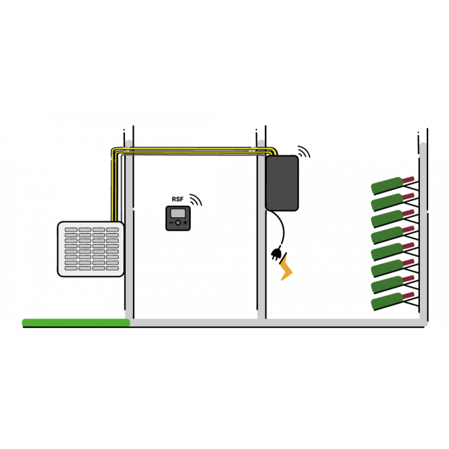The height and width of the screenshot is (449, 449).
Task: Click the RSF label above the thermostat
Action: pos(177,199)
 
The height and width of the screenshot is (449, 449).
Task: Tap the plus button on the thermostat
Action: pos(185,222)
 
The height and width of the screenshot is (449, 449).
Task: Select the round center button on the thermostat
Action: pos(178,222)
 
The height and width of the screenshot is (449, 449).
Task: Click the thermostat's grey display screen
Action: pos(178,213)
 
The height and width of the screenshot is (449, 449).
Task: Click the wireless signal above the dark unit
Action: pos(304,151)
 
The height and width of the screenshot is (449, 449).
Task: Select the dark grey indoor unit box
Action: pos(282,184)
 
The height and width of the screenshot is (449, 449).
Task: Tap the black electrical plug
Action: pos(276,253)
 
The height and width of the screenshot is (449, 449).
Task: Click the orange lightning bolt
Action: pos(286,267)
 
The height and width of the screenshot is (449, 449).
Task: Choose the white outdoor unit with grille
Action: pos(91,249)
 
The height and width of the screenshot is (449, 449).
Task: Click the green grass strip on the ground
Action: pos(76,323)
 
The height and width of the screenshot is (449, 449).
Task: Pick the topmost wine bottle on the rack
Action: pos(392,185)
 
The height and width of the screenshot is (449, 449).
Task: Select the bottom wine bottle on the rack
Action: pos(392,300)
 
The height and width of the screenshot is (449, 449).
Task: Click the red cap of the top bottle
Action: pos(409,180)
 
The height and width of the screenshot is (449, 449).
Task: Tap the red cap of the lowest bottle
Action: pos(409,296)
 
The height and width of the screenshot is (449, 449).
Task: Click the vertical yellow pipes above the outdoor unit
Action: pos(114,186)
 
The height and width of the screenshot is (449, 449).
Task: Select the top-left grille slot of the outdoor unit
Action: pos(71,230)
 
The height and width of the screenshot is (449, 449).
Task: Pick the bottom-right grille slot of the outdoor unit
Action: pos(112,268)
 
